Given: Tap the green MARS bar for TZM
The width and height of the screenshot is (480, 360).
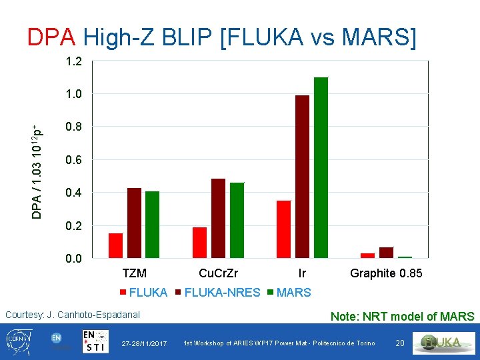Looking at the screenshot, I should click(153, 225).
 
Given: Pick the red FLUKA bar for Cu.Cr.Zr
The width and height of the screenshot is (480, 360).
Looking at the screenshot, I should click(200, 243).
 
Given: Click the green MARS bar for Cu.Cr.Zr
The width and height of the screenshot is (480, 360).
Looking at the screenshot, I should click(237, 220).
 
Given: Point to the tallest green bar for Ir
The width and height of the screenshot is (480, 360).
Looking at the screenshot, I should click(321, 167).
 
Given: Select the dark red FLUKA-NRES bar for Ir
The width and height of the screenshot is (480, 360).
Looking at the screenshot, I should click(302, 177).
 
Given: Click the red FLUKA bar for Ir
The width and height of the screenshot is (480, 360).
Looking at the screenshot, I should click(284, 229).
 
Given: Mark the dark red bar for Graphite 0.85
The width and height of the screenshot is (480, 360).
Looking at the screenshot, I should click(386, 253).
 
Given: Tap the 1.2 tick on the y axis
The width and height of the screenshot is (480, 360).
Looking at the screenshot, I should click(73, 61).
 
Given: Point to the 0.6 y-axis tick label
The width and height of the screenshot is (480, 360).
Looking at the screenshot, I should click(73, 160).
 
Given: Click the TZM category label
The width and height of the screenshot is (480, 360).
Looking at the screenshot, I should click(135, 273).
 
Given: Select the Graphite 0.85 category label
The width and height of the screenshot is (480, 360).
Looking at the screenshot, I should click(386, 273).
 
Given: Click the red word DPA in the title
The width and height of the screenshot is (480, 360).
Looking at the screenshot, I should click(51, 37).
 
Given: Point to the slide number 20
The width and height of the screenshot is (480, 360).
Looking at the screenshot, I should click(400, 343).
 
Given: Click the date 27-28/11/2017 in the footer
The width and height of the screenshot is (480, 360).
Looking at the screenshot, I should click(145, 343).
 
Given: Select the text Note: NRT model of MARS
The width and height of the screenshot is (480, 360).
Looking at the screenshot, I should click(402, 317).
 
